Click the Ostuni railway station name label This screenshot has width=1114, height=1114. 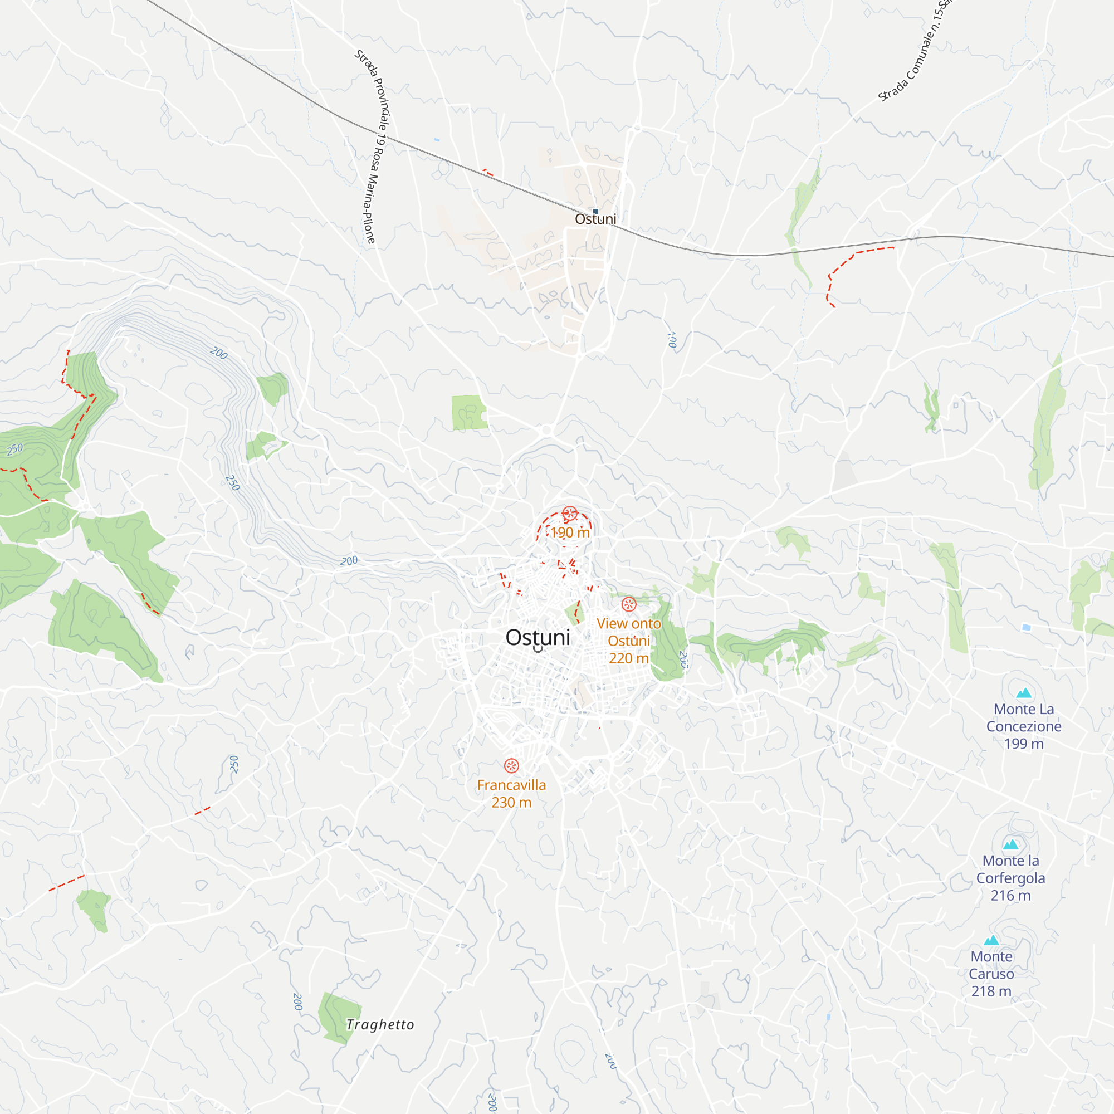click(x=595, y=219)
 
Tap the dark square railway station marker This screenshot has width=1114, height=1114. click(x=595, y=212)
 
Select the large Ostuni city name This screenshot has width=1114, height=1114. click(x=538, y=637)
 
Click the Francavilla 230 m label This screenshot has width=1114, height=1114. click(x=511, y=793)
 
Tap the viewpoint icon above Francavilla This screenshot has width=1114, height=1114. click(x=511, y=766)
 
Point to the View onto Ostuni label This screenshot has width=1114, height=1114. click(x=628, y=641)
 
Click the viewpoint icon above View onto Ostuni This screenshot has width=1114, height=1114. click(x=628, y=604)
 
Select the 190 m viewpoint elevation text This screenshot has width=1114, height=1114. click(x=570, y=532)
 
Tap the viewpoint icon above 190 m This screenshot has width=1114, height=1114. click(x=570, y=513)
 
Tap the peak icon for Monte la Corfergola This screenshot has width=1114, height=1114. click(x=1011, y=845)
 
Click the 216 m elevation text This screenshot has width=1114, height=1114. click(x=1010, y=896)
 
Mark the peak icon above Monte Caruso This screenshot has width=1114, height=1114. click(x=991, y=940)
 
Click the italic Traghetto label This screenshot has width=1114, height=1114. click(x=380, y=1025)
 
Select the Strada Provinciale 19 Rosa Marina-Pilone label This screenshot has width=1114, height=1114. click(x=373, y=147)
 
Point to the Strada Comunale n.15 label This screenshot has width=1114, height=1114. click(x=916, y=52)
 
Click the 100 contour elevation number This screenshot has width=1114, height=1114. click(x=672, y=339)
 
